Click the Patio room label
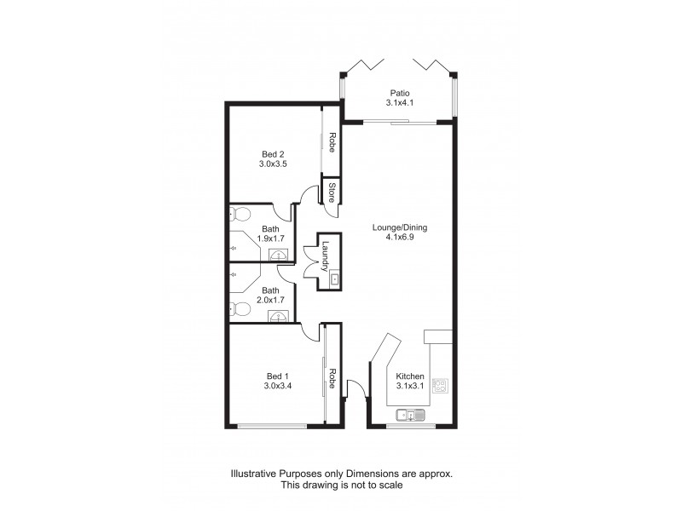400,94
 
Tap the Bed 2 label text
272,154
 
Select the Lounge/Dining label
400,227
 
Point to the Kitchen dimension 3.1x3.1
410,387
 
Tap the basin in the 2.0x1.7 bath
278,317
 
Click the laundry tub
335,278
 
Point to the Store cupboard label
331,191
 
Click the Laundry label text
327,255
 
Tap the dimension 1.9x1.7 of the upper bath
271,239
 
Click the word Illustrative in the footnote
251,473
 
